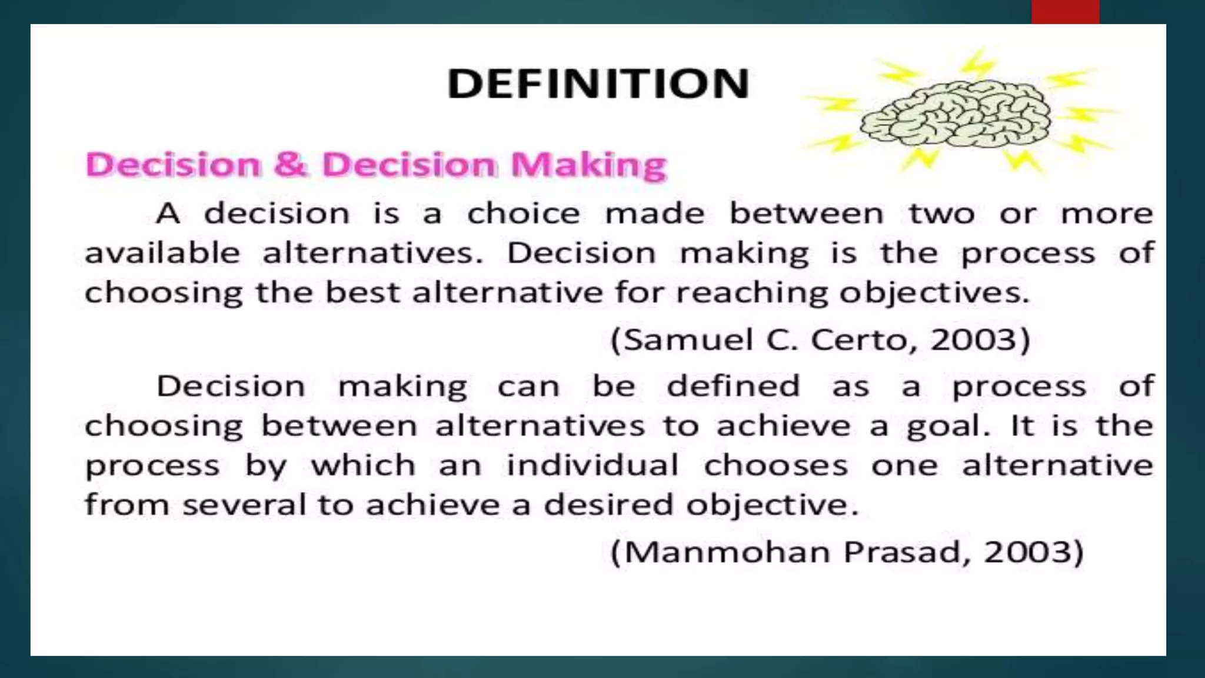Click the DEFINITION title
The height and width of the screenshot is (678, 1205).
point(598,84)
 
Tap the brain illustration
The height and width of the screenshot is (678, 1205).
point(956,114)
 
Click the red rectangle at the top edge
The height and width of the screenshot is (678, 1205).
point(1065,12)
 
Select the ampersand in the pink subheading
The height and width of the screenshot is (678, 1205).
point(290,164)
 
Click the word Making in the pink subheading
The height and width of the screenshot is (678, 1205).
point(588,165)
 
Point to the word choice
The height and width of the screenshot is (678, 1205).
point(523,213)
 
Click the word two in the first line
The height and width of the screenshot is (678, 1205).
point(941,213)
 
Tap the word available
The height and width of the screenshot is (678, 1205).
point(162,253)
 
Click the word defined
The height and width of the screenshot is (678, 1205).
point(733,386)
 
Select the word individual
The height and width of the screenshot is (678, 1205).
point(592,465)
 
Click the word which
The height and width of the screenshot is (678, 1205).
point(363,465)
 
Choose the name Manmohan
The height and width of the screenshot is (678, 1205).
point(727,552)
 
